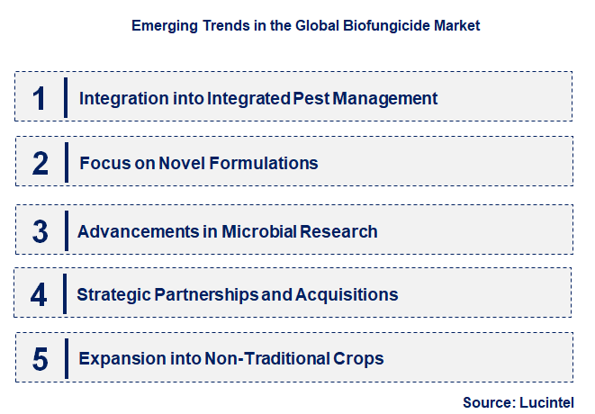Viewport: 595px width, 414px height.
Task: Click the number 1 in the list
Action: click(x=40, y=97)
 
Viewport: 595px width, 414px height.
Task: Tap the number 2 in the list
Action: click(x=40, y=164)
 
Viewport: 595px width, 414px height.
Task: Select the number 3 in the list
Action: click(x=40, y=231)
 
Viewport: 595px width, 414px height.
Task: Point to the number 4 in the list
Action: click(x=40, y=294)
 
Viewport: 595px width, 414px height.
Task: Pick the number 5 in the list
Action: click(x=40, y=359)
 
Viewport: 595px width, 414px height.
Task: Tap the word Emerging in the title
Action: click(x=162, y=26)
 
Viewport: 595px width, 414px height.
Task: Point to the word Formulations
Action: click(x=263, y=164)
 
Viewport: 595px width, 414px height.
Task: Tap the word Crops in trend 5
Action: click(x=358, y=359)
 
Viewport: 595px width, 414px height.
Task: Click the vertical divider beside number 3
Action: click(x=66, y=231)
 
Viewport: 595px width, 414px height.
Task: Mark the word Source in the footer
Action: click(x=485, y=401)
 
